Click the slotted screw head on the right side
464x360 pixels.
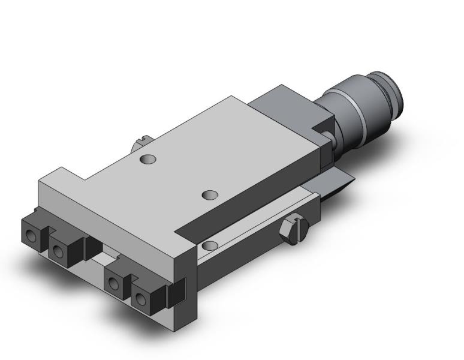tap(294, 231)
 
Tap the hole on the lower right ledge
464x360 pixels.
tap(209, 245)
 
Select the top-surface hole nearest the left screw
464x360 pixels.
tap(147, 159)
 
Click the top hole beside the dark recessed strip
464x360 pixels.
tap(209, 195)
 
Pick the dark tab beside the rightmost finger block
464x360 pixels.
tap(176, 293)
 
